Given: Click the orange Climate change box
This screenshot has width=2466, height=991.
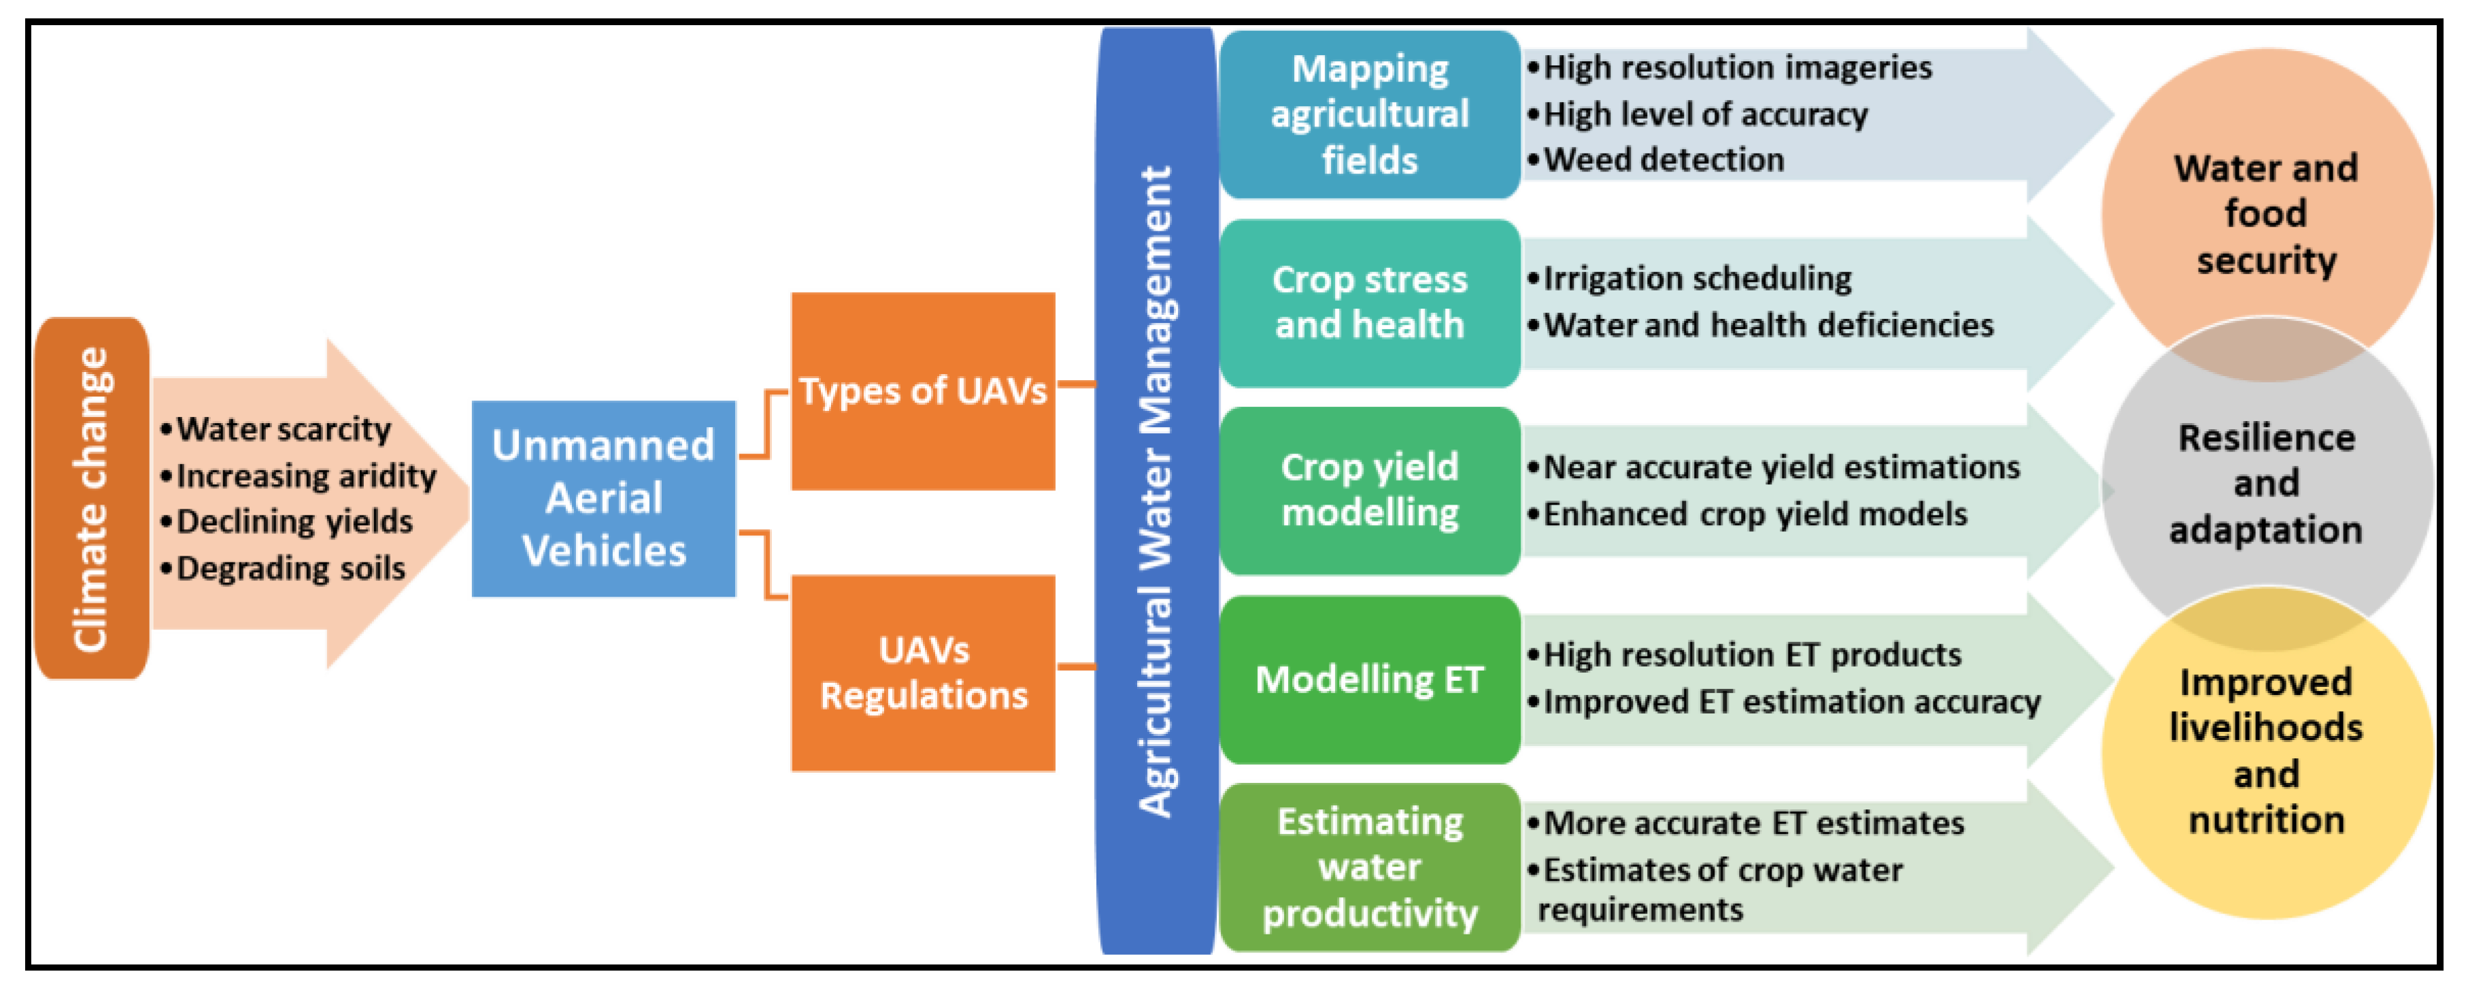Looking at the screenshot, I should (x=91, y=499).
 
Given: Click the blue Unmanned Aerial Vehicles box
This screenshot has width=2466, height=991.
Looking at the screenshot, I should (x=603, y=499).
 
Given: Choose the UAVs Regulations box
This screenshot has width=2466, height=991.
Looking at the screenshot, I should (x=923, y=673).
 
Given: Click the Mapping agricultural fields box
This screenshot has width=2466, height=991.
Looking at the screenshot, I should (x=1369, y=115).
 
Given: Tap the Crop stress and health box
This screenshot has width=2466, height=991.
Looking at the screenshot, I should (x=1369, y=303).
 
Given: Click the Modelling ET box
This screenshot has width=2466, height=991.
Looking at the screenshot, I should (x=1369, y=679).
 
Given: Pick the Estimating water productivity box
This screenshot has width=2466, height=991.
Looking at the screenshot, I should (x=1369, y=867).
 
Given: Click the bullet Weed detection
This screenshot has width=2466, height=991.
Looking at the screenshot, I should (x=1663, y=160).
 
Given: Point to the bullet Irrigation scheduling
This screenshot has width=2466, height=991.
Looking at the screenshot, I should (x=1696, y=279).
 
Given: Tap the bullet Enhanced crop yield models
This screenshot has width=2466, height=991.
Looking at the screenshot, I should (x=1754, y=515).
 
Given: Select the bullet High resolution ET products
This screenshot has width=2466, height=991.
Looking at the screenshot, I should (x=1751, y=656).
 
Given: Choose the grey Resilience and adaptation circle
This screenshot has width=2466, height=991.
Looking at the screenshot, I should (x=2266, y=484).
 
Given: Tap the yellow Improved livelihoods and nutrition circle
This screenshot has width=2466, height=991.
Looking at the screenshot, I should (x=2266, y=752).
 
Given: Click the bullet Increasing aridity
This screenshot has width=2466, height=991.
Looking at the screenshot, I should (x=305, y=476).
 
